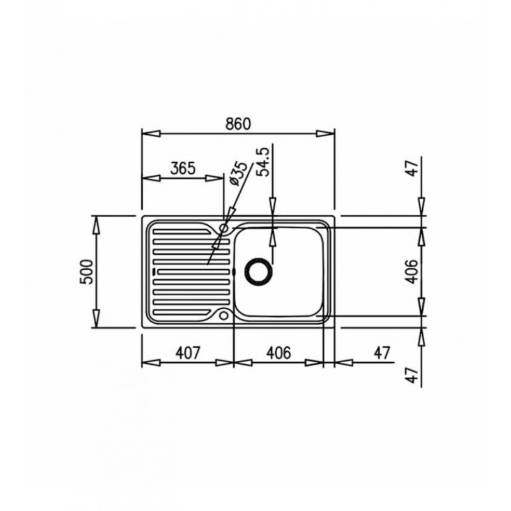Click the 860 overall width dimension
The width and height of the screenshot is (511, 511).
[x=238, y=124]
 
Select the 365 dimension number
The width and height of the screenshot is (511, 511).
[x=183, y=168]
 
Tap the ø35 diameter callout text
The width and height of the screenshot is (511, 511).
[x=239, y=174]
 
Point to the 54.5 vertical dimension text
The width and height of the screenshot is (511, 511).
[x=263, y=162]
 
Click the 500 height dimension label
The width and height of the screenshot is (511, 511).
[x=87, y=271]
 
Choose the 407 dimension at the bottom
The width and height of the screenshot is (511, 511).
[x=187, y=353]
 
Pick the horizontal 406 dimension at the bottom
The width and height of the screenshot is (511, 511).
[x=278, y=353]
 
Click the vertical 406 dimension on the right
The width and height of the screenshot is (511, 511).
[x=412, y=271]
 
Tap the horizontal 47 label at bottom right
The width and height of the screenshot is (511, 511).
[x=381, y=353]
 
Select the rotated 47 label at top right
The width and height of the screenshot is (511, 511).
[x=413, y=169]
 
